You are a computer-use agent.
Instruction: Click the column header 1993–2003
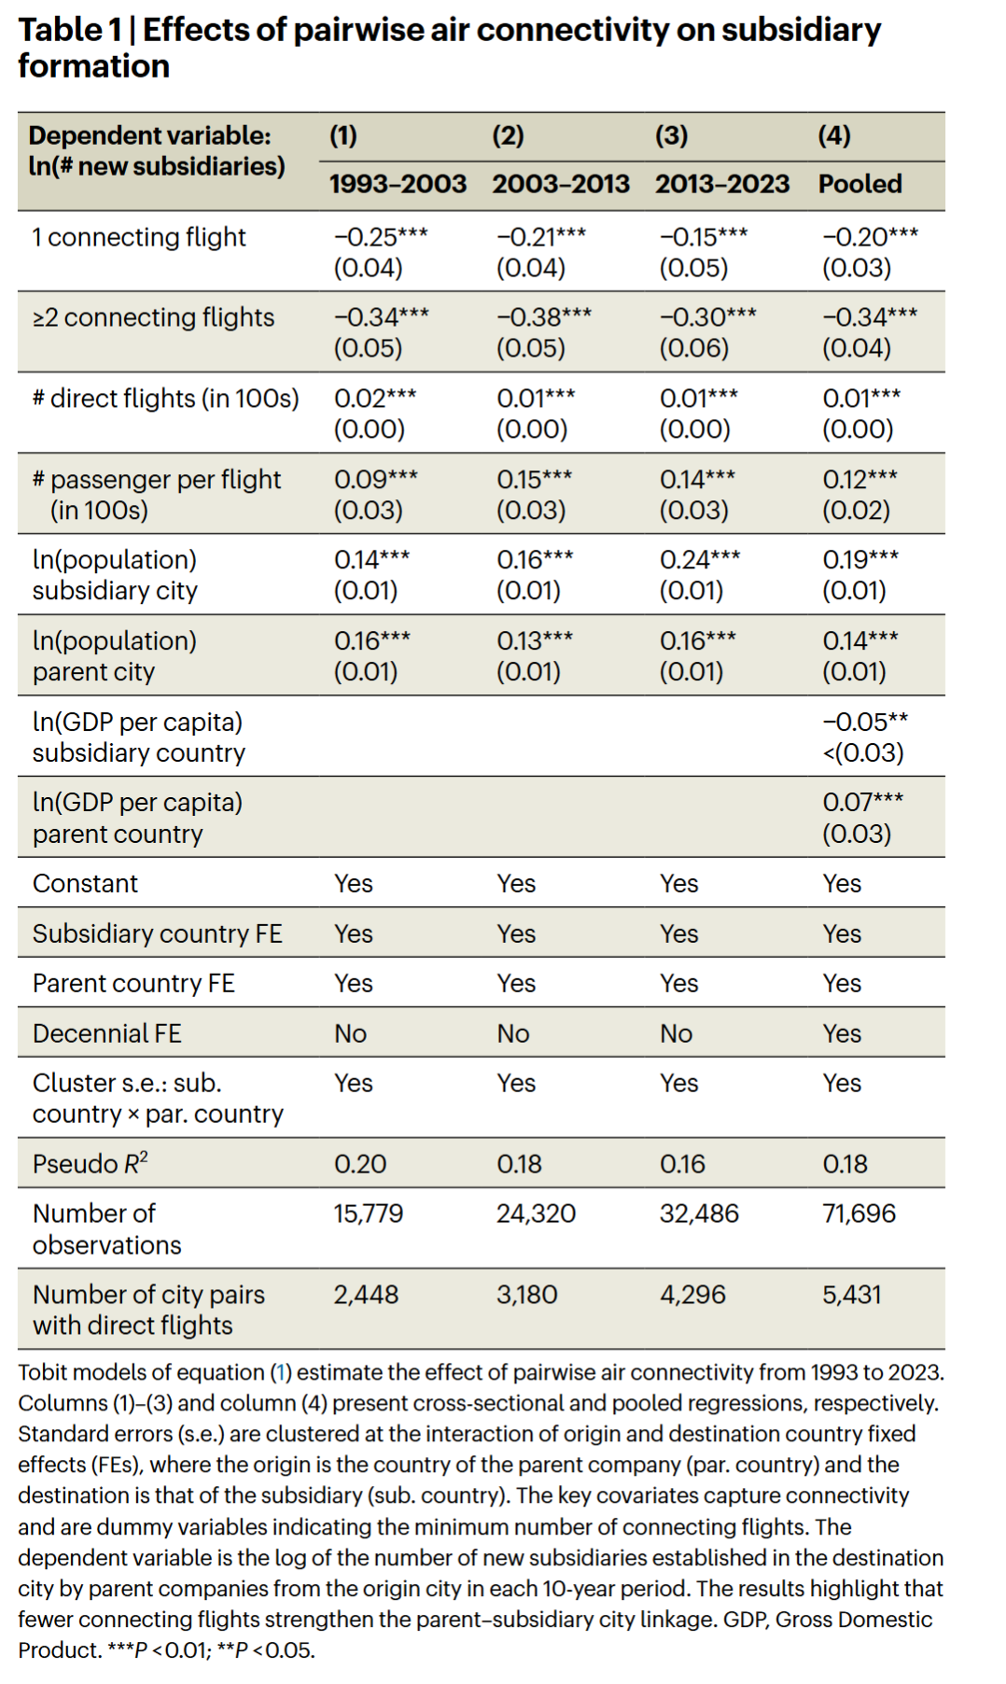pyautogui.click(x=398, y=184)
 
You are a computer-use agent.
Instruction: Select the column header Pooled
pyautogui.click(x=859, y=184)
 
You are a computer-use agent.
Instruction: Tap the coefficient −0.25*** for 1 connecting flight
pyautogui.click(x=381, y=236)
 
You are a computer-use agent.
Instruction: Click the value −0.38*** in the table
pyautogui.click(x=543, y=317)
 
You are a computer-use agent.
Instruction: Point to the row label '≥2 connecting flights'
pyautogui.click(x=153, y=317)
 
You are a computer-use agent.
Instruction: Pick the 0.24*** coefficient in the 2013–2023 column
pyautogui.click(x=699, y=559)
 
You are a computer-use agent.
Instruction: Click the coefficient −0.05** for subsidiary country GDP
pyautogui.click(x=864, y=722)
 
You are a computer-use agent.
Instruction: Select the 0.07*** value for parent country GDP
pyautogui.click(x=862, y=802)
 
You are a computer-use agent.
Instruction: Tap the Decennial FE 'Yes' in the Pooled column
pyautogui.click(x=842, y=1033)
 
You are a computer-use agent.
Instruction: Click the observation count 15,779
pyautogui.click(x=369, y=1214)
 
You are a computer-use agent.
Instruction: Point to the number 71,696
pyautogui.click(x=859, y=1214)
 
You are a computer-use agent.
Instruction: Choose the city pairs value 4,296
pyautogui.click(x=692, y=1295)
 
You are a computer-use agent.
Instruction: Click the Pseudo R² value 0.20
pyautogui.click(x=360, y=1164)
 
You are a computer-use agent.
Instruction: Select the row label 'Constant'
pyautogui.click(x=85, y=883)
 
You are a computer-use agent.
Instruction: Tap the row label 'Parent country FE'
pyautogui.click(x=133, y=983)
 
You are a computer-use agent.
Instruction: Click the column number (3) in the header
pyautogui.click(x=671, y=136)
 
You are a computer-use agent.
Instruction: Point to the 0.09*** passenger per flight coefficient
pyautogui.click(x=376, y=479)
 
